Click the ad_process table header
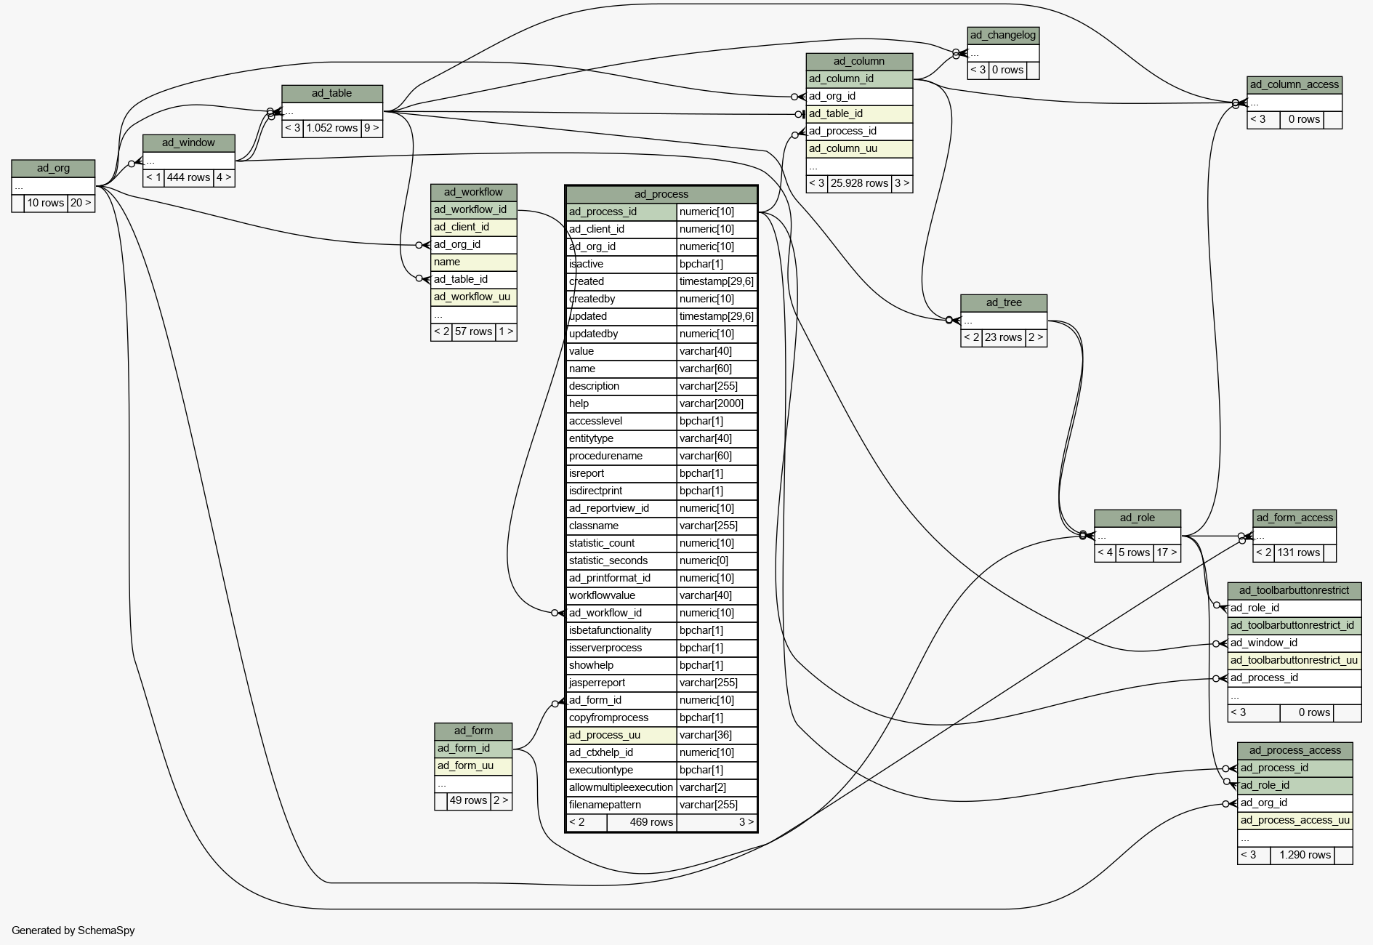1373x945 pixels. click(x=661, y=194)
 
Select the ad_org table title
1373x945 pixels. click(x=53, y=168)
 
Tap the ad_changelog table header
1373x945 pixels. click(x=1003, y=35)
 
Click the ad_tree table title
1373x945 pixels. click(x=1004, y=302)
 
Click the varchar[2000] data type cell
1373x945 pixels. click(x=717, y=403)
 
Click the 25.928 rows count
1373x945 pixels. click(x=859, y=183)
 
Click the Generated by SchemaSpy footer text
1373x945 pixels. click(x=73, y=930)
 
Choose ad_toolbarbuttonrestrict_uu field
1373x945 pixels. click(x=1294, y=660)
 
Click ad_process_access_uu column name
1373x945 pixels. click(x=1295, y=820)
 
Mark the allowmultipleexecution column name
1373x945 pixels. click(x=621, y=787)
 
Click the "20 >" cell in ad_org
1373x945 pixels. click(x=81, y=203)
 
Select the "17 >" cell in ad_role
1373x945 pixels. click(x=1167, y=552)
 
